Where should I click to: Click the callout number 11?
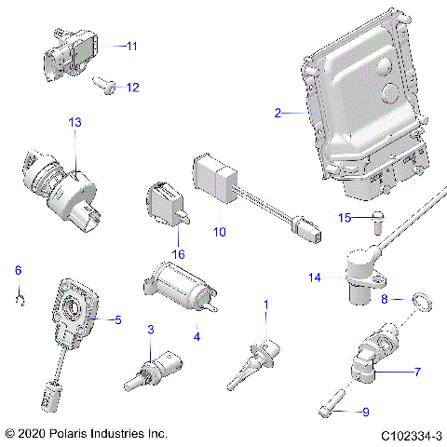131,45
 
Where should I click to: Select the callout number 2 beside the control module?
278,113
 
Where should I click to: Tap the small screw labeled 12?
105,86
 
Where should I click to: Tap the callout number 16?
178,254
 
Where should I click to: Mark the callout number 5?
117,319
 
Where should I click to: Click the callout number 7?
417,372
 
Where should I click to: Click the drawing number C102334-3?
410,435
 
